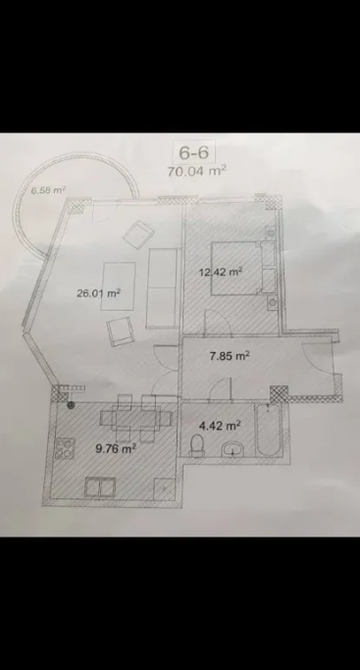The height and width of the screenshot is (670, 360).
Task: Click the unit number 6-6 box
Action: (193, 152)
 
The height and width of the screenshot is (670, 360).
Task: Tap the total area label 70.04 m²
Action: (197, 171)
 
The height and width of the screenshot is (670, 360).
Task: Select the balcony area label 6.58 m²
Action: (47, 190)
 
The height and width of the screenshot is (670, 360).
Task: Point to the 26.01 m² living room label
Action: (98, 293)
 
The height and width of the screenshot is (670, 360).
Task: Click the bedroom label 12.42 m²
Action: (221, 272)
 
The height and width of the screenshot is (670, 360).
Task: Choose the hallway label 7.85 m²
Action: (230, 355)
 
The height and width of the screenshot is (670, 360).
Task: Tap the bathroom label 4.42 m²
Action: (221, 425)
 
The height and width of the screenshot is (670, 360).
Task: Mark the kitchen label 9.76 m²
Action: (116, 448)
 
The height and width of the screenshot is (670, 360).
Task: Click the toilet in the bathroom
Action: (197, 445)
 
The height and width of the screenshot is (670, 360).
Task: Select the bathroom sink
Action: (232, 449)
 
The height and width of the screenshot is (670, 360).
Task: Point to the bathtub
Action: (269, 431)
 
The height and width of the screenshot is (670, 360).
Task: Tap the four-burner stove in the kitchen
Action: (65, 448)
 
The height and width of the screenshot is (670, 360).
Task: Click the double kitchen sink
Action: (100, 488)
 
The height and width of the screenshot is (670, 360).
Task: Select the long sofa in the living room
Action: (162, 288)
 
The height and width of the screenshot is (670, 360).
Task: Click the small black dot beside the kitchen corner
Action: (71, 405)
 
